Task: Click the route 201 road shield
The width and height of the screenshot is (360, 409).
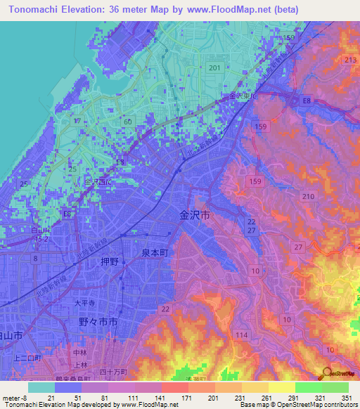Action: tap(214, 67)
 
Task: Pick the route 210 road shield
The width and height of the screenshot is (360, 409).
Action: tap(307, 196)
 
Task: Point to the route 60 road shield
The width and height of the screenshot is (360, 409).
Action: tap(127, 122)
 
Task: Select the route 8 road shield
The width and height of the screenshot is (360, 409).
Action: tap(35, 259)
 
